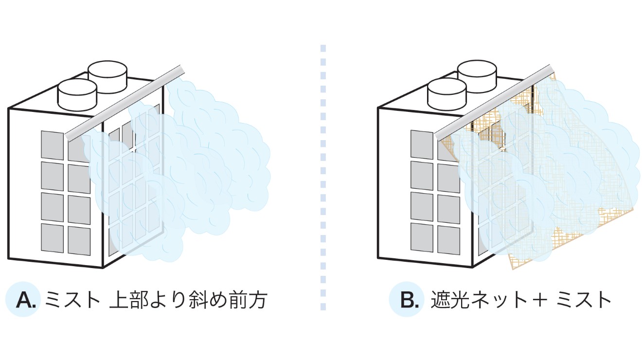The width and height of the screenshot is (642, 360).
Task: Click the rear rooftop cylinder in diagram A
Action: pyautogui.click(x=107, y=72)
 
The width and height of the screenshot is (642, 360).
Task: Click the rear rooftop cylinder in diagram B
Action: pyautogui.click(x=477, y=72)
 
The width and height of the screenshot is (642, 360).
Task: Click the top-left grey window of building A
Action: pyautogui.click(x=52, y=144)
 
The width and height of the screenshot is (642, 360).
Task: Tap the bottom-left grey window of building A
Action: pyautogui.click(x=52, y=237)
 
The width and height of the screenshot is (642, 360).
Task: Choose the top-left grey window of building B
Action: pyautogui.click(x=422, y=144)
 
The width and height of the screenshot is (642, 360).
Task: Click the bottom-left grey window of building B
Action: pyautogui.click(x=422, y=237)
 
